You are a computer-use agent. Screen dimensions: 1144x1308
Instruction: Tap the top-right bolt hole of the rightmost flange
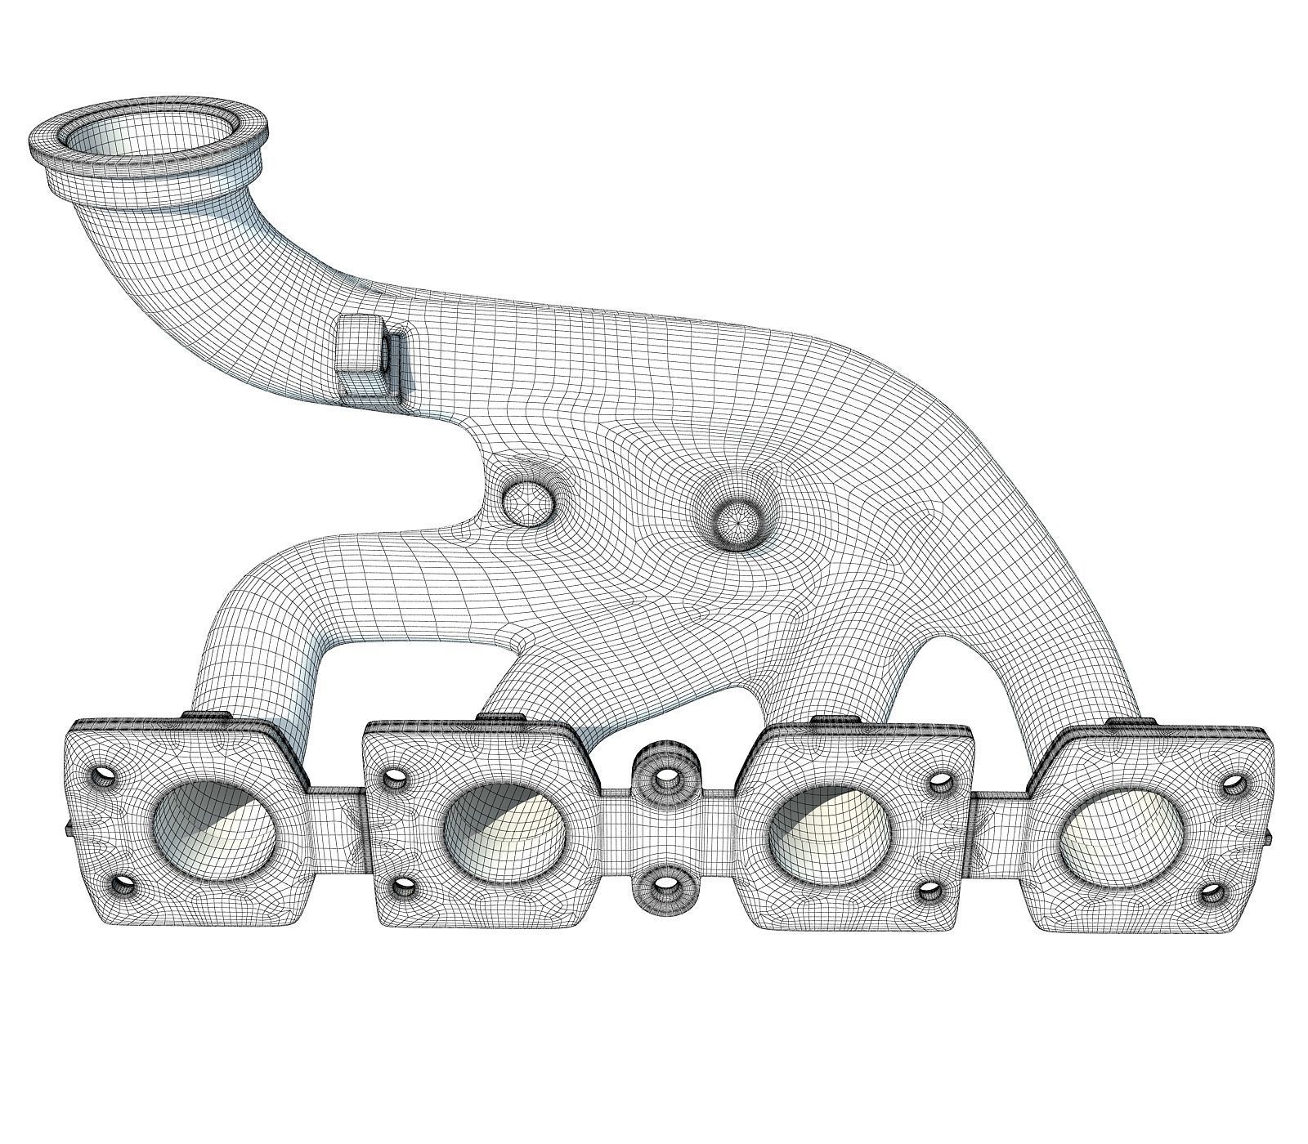(1231, 787)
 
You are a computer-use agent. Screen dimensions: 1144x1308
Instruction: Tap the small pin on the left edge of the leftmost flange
(65, 829)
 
